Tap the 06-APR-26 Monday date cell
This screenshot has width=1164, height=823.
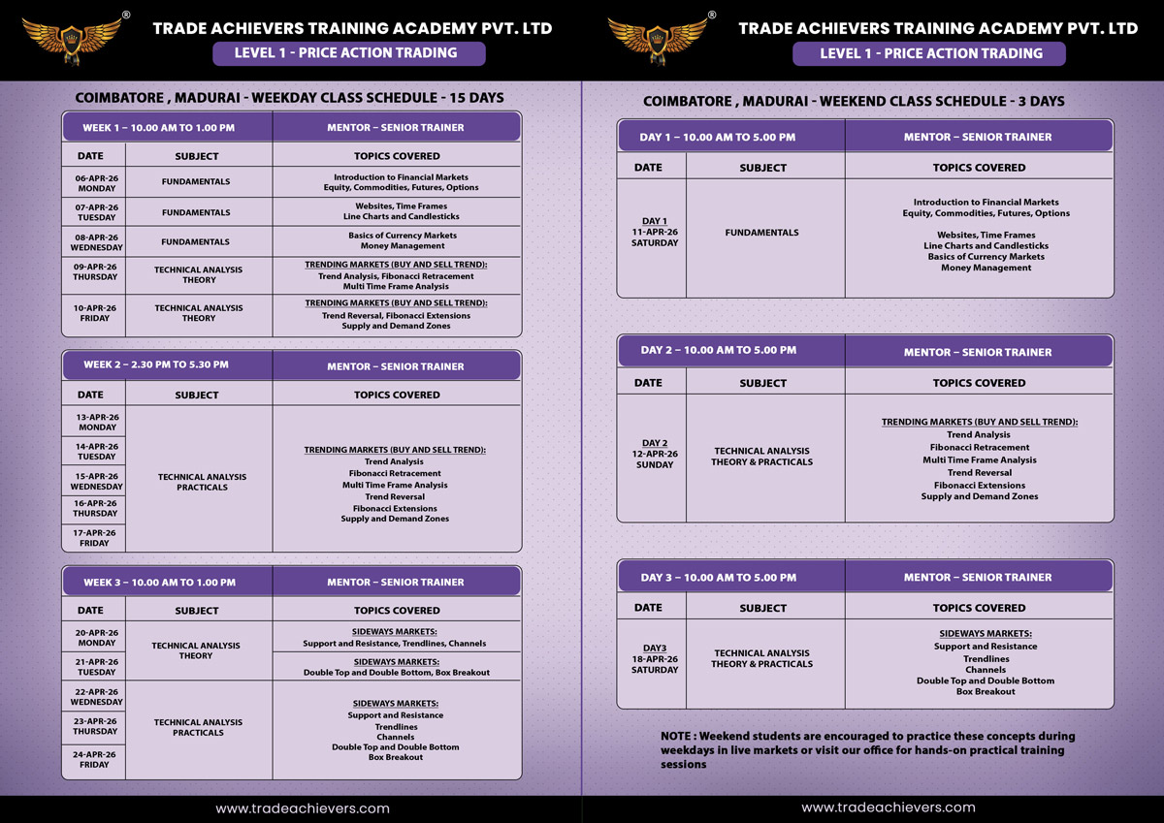96,182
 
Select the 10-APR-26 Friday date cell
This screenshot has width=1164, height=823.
96,313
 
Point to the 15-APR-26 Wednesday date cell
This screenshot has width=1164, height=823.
96,481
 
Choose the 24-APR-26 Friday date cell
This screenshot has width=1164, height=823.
95,759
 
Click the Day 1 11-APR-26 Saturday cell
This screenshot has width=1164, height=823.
655,232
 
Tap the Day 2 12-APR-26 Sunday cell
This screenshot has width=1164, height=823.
655,454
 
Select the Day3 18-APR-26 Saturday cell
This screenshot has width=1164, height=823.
655,659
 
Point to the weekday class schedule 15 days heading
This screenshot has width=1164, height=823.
289,98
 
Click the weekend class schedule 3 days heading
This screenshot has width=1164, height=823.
854,101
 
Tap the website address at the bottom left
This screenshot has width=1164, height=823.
302,807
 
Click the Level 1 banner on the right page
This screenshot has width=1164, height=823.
929,53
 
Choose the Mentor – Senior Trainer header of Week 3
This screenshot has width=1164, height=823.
396,582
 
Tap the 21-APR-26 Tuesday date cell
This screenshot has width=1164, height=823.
96,666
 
